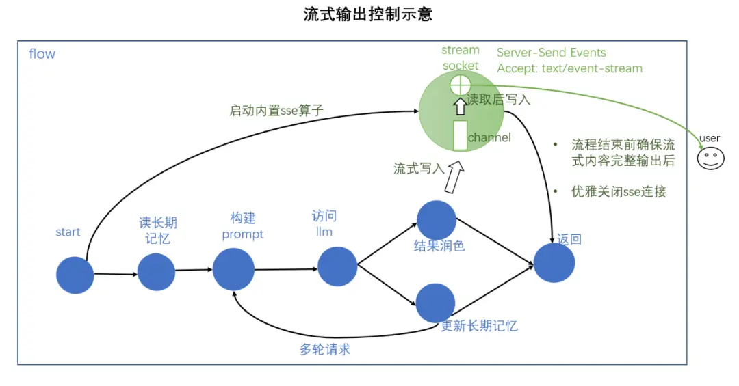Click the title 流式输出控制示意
pyautogui.click(x=367, y=14)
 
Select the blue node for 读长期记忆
pyautogui.click(x=157, y=271)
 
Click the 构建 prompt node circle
pyautogui.click(x=233, y=269)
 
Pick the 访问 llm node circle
pyautogui.click(x=337, y=266)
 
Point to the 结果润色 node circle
pyautogui.click(x=437, y=220)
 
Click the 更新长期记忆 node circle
pyautogui.click(x=436, y=303)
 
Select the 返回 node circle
pyautogui.click(x=554, y=262)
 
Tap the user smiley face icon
pyautogui.click(x=710, y=158)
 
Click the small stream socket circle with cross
pyautogui.click(x=461, y=85)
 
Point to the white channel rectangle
pyautogui.click(x=461, y=135)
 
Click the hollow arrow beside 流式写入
pyautogui.click(x=454, y=179)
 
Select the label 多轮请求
pyautogui.click(x=325, y=349)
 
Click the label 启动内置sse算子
pyautogui.click(x=276, y=110)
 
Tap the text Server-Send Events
pyautogui.click(x=551, y=53)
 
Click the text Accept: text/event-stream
pyautogui.click(x=569, y=68)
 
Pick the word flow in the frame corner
pyautogui.click(x=42, y=54)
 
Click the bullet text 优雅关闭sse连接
pyautogui.click(x=619, y=191)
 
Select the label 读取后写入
pyautogui.click(x=498, y=100)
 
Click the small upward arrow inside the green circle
pyautogui.click(x=460, y=106)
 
